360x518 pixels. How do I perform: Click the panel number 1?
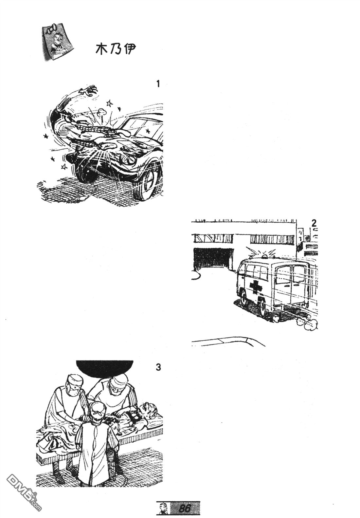(x=158, y=84)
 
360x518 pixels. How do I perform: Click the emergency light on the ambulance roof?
(x=269, y=256)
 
